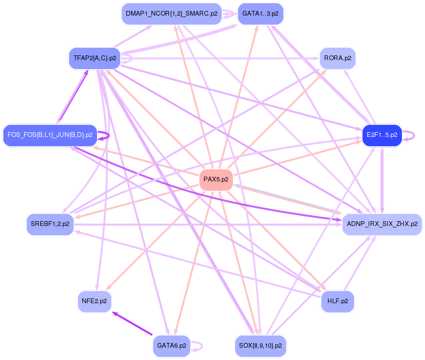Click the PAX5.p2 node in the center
[x=216, y=180]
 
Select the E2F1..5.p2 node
[x=381, y=135]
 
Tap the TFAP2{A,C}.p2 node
[x=95, y=58]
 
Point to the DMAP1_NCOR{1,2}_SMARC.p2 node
[x=172, y=14]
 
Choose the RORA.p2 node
[x=337, y=58]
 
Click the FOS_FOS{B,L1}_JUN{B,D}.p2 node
[x=50, y=135]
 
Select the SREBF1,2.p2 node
[x=50, y=224]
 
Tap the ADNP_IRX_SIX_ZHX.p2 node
[x=381, y=224]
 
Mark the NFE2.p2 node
[x=95, y=301]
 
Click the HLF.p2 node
[x=337, y=301]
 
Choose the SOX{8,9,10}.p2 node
[x=261, y=346]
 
